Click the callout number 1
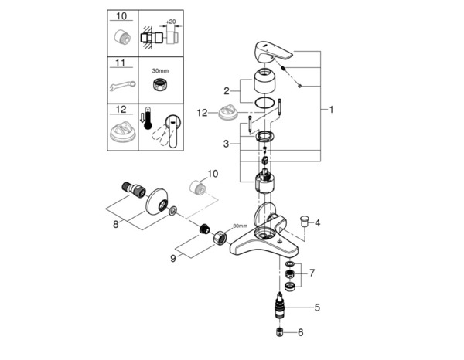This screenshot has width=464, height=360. [x=331, y=110]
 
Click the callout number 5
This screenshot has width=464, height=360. [x=316, y=307]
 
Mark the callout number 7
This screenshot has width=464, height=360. [x=312, y=273]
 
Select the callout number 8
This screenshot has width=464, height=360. [x=117, y=225]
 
